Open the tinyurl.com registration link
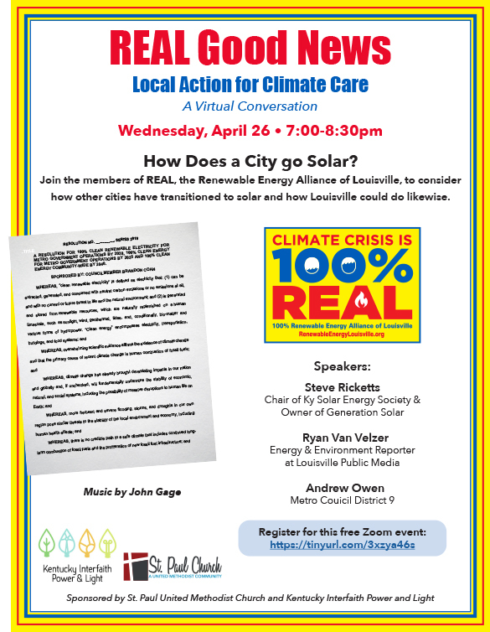click(342, 545)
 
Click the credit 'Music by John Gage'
click(132, 490)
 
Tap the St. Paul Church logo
click(172, 566)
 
